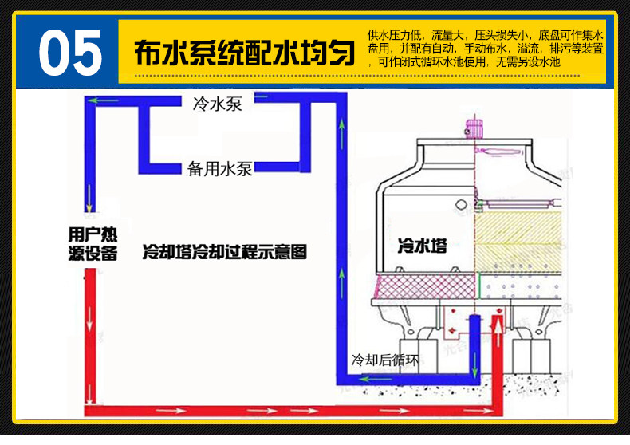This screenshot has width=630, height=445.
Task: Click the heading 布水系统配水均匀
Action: [x=243, y=53]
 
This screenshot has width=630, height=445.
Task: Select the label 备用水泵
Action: [x=220, y=169]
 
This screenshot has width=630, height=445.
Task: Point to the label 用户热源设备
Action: [x=93, y=243]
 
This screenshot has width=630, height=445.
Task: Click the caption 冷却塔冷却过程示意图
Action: [x=224, y=252]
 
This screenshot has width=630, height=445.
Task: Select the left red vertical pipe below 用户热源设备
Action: [x=90, y=335]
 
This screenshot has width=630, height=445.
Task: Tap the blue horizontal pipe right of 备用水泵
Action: [x=279, y=168]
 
